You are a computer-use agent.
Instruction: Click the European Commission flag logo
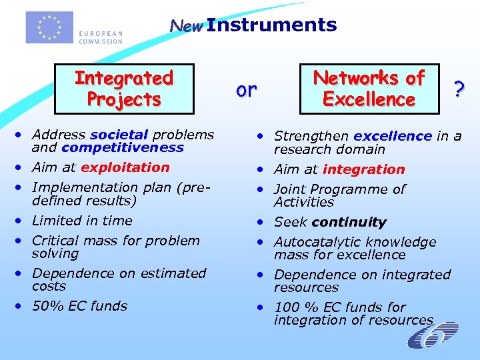[49, 27]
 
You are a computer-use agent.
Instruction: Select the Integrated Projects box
[124, 89]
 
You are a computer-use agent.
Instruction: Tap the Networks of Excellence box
[369, 89]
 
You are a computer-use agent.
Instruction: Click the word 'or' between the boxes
[247, 89]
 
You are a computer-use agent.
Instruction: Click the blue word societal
[119, 135]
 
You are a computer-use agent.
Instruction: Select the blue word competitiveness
[122, 147]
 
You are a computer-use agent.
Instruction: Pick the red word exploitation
[125, 167]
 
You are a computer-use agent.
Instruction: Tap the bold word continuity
[349, 222]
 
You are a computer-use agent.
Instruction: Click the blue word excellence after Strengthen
[393, 136]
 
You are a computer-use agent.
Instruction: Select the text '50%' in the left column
[46, 306]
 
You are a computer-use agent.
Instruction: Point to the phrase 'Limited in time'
[82, 221]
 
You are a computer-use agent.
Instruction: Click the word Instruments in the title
[271, 25]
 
